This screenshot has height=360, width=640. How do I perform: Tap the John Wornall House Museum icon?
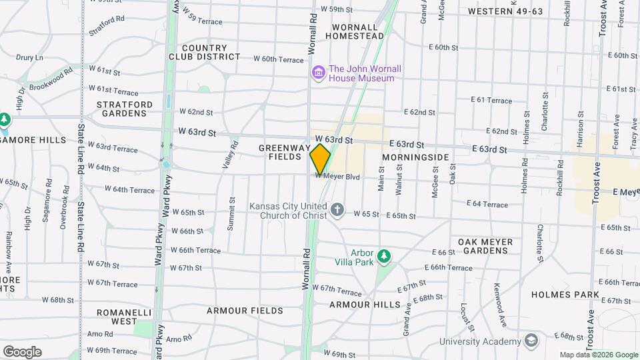[x=318, y=72]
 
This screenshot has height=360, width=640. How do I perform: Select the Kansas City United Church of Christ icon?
[x=338, y=211]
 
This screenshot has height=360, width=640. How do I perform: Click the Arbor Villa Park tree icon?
[x=383, y=256]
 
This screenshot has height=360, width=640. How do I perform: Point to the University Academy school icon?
[x=531, y=341]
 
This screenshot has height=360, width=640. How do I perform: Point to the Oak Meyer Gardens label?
[x=485, y=246]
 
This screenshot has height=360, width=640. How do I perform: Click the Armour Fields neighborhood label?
[x=245, y=311]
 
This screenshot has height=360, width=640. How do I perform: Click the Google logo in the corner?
[x=22, y=351]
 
